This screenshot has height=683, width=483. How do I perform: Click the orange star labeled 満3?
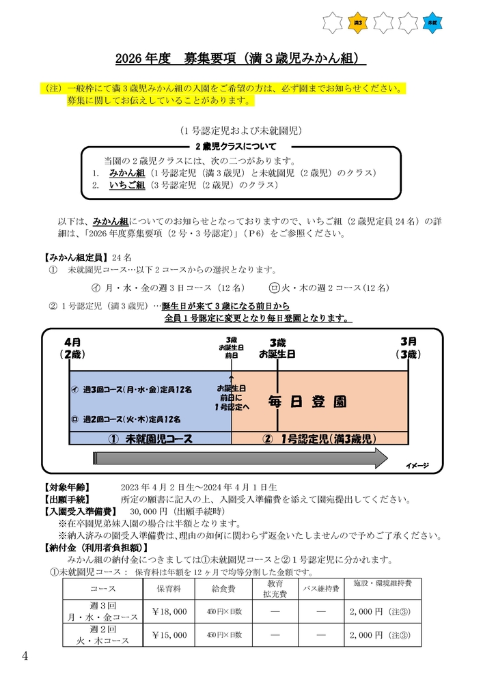(x=358, y=23)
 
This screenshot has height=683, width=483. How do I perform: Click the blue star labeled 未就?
(x=432, y=23)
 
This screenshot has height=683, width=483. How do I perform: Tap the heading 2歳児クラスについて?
(x=236, y=146)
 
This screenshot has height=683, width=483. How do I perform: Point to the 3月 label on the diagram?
(x=409, y=341)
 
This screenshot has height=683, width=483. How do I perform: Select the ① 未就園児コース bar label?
(x=150, y=438)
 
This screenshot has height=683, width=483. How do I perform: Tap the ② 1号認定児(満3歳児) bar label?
(x=320, y=438)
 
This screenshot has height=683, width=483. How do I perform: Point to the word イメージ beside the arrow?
(x=417, y=466)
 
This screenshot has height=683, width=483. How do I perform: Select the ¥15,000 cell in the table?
(x=169, y=635)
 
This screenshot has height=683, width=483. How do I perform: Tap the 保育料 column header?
(x=169, y=588)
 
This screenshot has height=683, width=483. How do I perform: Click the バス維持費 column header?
(x=321, y=588)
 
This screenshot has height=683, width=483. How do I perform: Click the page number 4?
(x=25, y=656)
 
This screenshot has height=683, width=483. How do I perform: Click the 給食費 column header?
(x=223, y=588)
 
